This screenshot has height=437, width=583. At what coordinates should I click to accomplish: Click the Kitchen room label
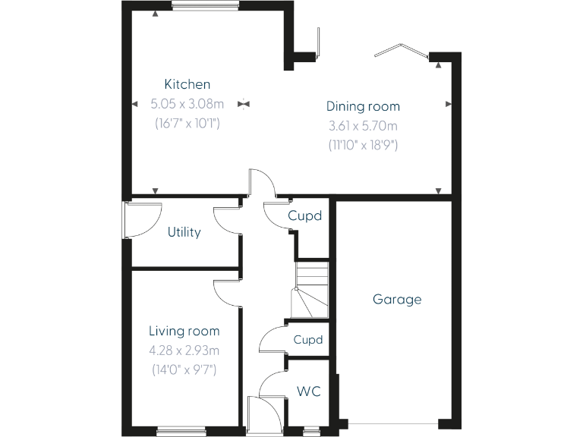(x=188, y=84)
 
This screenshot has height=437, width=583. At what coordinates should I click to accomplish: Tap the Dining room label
(x=363, y=106)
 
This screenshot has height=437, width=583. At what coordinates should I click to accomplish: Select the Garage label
(x=397, y=299)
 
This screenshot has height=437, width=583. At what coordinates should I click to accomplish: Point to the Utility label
(x=184, y=232)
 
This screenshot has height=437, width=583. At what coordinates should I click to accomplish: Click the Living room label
(x=184, y=331)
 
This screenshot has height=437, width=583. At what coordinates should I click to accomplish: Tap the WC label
(x=309, y=391)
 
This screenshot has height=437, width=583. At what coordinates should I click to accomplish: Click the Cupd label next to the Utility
(x=305, y=215)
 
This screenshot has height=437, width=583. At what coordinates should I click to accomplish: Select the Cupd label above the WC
(x=308, y=339)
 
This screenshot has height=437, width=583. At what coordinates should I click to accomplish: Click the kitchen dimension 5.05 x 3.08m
(x=188, y=103)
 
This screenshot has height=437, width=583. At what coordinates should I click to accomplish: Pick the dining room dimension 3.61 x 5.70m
(x=363, y=125)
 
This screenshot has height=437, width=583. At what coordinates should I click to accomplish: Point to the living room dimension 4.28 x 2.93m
(x=184, y=351)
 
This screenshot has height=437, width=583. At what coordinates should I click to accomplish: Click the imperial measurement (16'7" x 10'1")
(x=188, y=122)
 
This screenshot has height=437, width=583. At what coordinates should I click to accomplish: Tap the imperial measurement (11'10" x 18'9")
(x=363, y=144)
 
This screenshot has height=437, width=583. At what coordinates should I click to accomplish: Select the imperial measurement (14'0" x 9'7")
(x=184, y=370)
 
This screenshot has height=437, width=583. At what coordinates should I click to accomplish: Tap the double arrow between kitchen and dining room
(x=243, y=103)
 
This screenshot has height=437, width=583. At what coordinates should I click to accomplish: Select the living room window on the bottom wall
(x=181, y=432)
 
